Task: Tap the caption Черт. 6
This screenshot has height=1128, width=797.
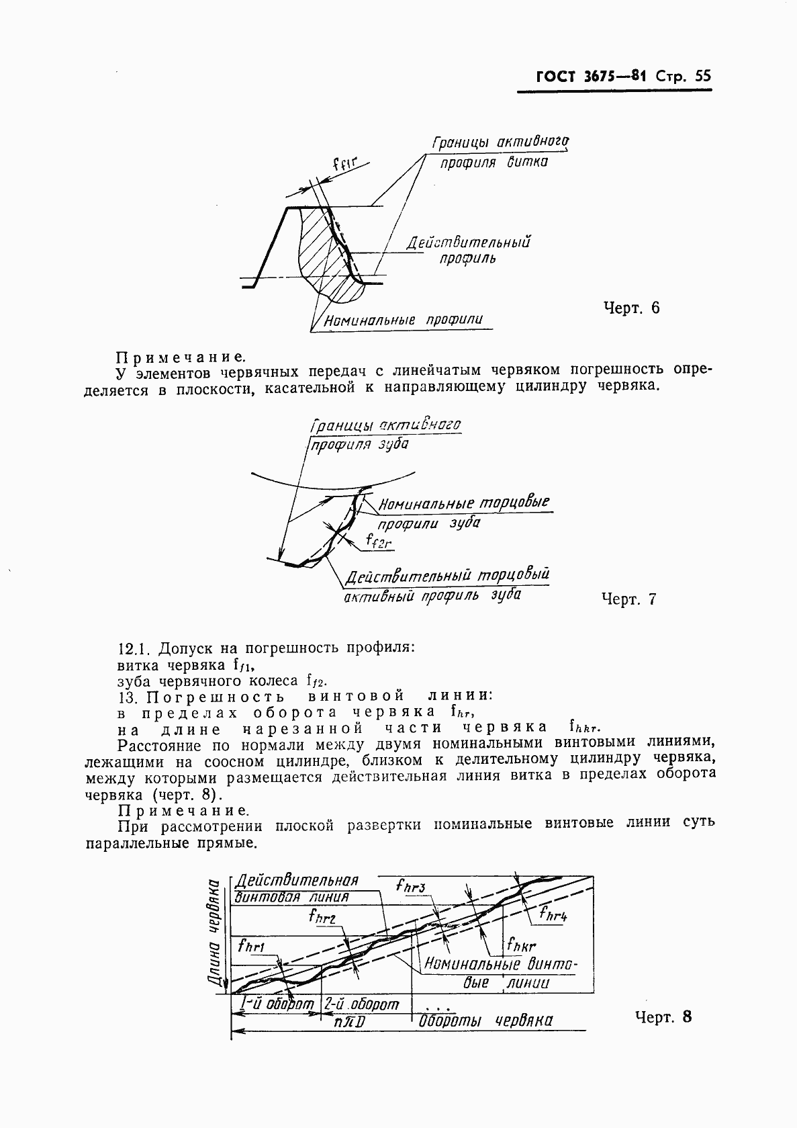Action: (x=631, y=308)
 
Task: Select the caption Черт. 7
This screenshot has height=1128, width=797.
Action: (x=628, y=599)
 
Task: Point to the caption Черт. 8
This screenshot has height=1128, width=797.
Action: (x=662, y=1016)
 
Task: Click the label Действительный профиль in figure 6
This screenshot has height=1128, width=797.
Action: (x=468, y=249)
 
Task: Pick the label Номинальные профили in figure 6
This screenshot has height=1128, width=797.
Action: (x=403, y=320)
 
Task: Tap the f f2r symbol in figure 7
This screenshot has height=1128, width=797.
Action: (x=379, y=541)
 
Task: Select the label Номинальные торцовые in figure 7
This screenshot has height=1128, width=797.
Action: (x=464, y=503)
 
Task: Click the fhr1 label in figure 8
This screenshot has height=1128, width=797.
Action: (x=252, y=947)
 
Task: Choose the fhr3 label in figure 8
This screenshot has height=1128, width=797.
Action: (x=411, y=887)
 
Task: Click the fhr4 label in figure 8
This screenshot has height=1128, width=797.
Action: (x=554, y=914)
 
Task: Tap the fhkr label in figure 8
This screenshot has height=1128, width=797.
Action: (x=521, y=945)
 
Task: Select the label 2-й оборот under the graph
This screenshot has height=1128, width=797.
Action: (x=361, y=1004)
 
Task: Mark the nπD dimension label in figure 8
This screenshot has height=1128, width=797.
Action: (x=349, y=1022)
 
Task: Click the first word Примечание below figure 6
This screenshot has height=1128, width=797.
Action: (x=181, y=357)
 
